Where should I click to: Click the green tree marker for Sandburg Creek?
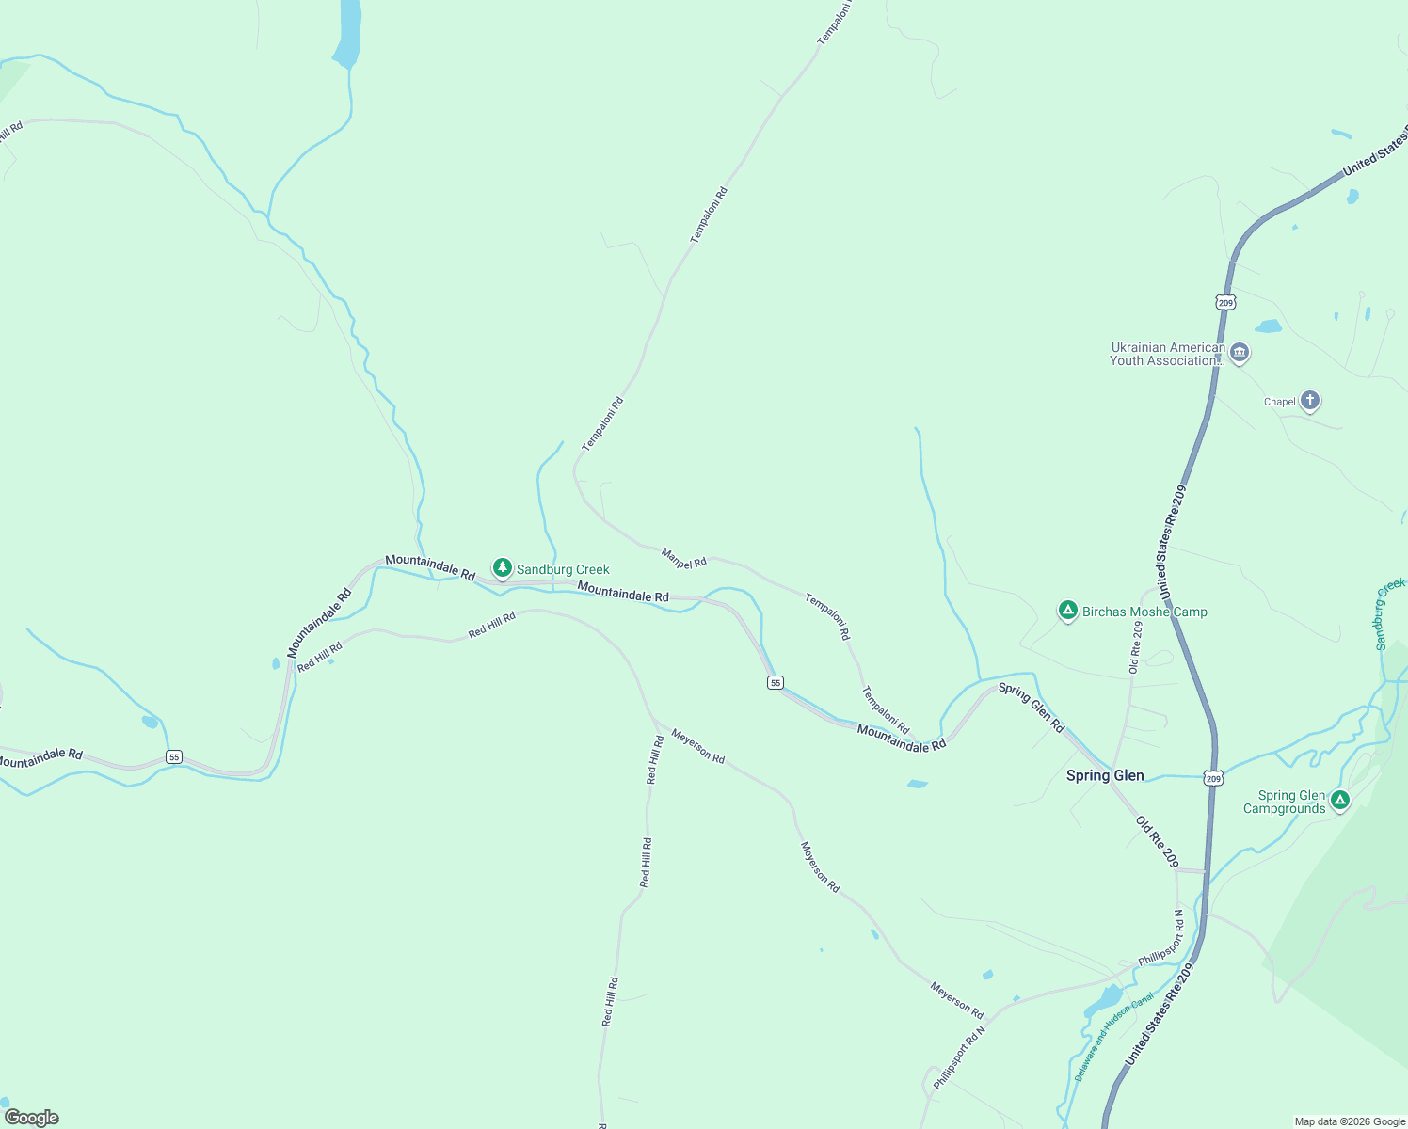(503, 567)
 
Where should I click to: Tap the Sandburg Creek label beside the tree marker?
(563, 569)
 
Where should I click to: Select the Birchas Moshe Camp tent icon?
(1067, 611)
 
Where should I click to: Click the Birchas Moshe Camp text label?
(1144, 612)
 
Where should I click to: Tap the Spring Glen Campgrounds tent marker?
(1340, 801)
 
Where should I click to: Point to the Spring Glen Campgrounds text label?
(1285, 802)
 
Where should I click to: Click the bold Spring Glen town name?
(1105, 775)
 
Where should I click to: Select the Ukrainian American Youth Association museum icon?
(1240, 353)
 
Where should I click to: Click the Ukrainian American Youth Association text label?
(1167, 354)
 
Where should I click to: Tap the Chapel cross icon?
(1309, 401)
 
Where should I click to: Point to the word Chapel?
(1279, 402)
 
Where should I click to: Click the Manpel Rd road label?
(684, 558)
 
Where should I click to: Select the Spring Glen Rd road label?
(1031, 708)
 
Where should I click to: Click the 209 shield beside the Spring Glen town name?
(1213, 778)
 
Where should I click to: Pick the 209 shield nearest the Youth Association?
(1224, 302)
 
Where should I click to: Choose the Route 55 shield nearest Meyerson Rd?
(776, 682)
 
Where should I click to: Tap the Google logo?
(31, 1118)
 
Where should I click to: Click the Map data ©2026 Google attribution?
(1350, 1121)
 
